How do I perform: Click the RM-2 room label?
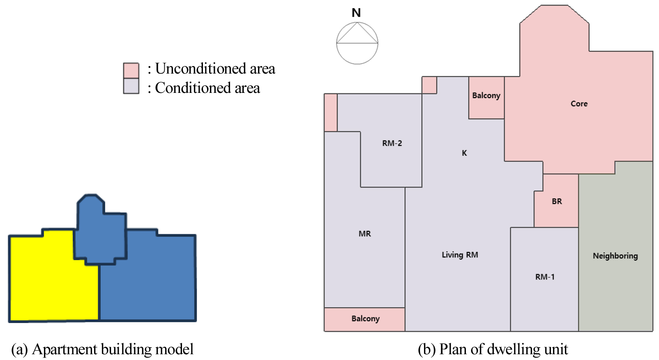point(392,143)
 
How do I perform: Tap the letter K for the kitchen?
point(464,153)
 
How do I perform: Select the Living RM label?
point(460,255)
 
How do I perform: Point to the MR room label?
point(364,234)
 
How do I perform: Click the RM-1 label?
point(545,277)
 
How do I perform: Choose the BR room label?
point(557,201)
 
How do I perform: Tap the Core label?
point(579,104)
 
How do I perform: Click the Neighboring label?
point(615,256)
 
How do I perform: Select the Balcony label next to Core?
point(486,96)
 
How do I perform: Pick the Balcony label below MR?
point(365,319)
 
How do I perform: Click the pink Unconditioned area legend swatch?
point(131,70)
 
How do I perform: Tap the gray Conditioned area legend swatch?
point(131,86)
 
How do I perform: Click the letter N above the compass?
point(356,13)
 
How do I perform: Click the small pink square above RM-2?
point(429,85)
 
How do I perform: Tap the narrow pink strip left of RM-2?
point(331,113)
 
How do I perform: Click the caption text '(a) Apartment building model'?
point(102,349)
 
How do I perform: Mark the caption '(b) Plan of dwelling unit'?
point(493,349)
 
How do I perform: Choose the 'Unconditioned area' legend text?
point(215,69)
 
